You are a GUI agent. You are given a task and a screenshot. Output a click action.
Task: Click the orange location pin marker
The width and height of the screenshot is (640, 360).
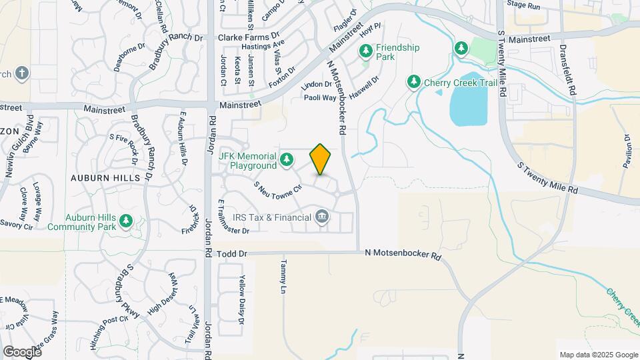coord(320,159)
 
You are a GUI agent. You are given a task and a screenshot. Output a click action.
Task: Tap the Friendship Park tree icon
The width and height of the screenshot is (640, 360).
coord(365,51)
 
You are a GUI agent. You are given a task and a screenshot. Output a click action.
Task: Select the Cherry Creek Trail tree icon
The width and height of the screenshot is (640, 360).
coord(414,81)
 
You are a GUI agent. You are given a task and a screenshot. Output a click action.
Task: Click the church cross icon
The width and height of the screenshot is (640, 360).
coord(21,73)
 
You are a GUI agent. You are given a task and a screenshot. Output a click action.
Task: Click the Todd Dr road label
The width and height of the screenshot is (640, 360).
coord(233,254)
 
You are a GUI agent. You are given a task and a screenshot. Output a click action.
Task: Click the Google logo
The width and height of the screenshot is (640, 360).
coord(22,352)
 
